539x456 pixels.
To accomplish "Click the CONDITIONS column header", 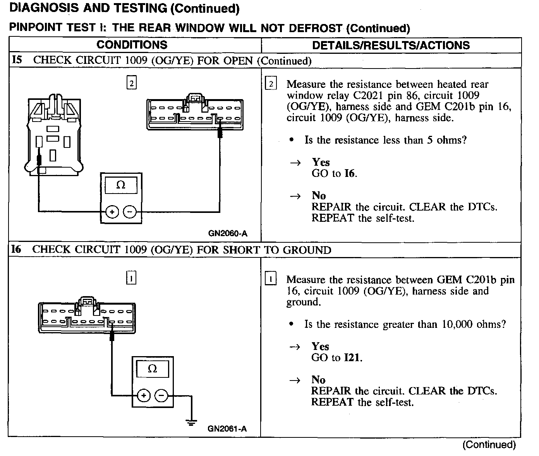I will pyautogui.click(x=132, y=45).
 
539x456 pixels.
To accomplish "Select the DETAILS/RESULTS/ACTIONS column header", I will pyautogui.click(x=391, y=45).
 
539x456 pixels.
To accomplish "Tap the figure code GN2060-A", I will pyautogui.click(x=227, y=233).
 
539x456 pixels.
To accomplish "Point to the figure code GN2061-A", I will pyautogui.click(x=227, y=429).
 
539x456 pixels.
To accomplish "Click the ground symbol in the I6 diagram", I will pyautogui.click(x=191, y=422).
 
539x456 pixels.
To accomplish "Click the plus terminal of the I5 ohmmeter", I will pyautogui.click(x=112, y=212).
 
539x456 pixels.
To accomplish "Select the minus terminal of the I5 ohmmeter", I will pyautogui.click(x=130, y=212).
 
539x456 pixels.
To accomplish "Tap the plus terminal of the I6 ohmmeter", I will pyautogui.click(x=144, y=395).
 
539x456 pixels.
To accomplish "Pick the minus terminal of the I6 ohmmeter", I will pyautogui.click(x=161, y=395).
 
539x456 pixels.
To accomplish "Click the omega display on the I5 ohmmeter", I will pyautogui.click(x=121, y=185).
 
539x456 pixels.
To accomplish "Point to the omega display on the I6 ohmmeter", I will pyautogui.click(x=153, y=369).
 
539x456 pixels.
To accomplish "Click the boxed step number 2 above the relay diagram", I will pyautogui.click(x=132, y=83).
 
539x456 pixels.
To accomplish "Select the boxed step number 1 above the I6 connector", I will pyautogui.click(x=132, y=278).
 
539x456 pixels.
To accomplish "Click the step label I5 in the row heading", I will pyautogui.click(x=17, y=60).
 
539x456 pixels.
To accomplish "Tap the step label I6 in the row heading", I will pyautogui.click(x=16, y=249).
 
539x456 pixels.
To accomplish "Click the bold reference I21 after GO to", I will pyautogui.click(x=352, y=357).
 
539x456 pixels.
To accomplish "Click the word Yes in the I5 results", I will pyautogui.click(x=321, y=162).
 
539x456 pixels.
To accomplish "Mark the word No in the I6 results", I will pyautogui.click(x=318, y=380).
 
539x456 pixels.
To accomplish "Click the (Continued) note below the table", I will pyautogui.click(x=489, y=445).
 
